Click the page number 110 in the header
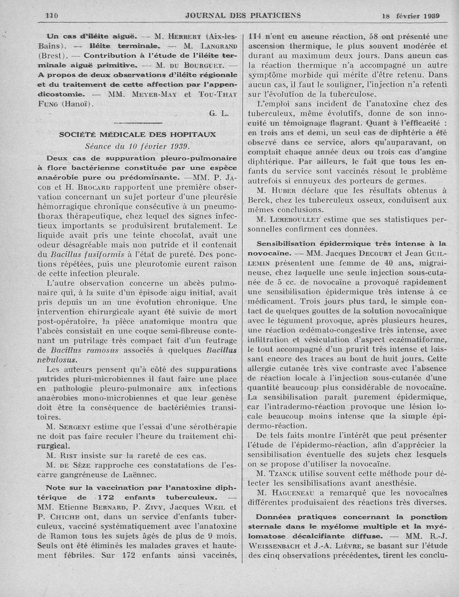(52, 15)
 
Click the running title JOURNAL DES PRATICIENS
(243, 15)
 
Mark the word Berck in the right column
(260, 200)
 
